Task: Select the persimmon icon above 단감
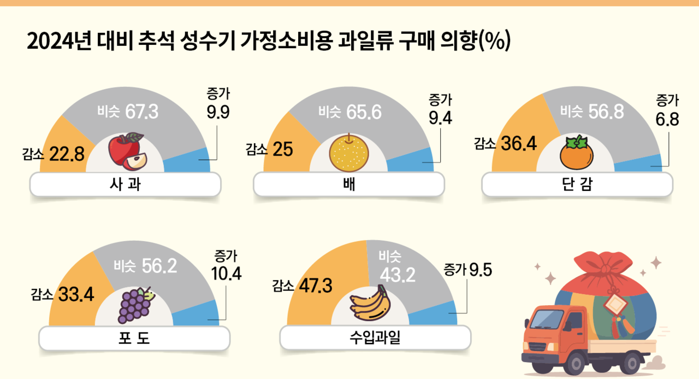coord(577,153)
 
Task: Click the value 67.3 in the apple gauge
coord(141,112)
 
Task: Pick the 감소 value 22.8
coord(67,155)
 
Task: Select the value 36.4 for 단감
coord(518,144)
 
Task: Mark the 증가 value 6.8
coord(667,119)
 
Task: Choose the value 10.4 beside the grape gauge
coord(226,273)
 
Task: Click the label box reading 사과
coord(125,185)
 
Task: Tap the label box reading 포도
coord(134,340)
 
